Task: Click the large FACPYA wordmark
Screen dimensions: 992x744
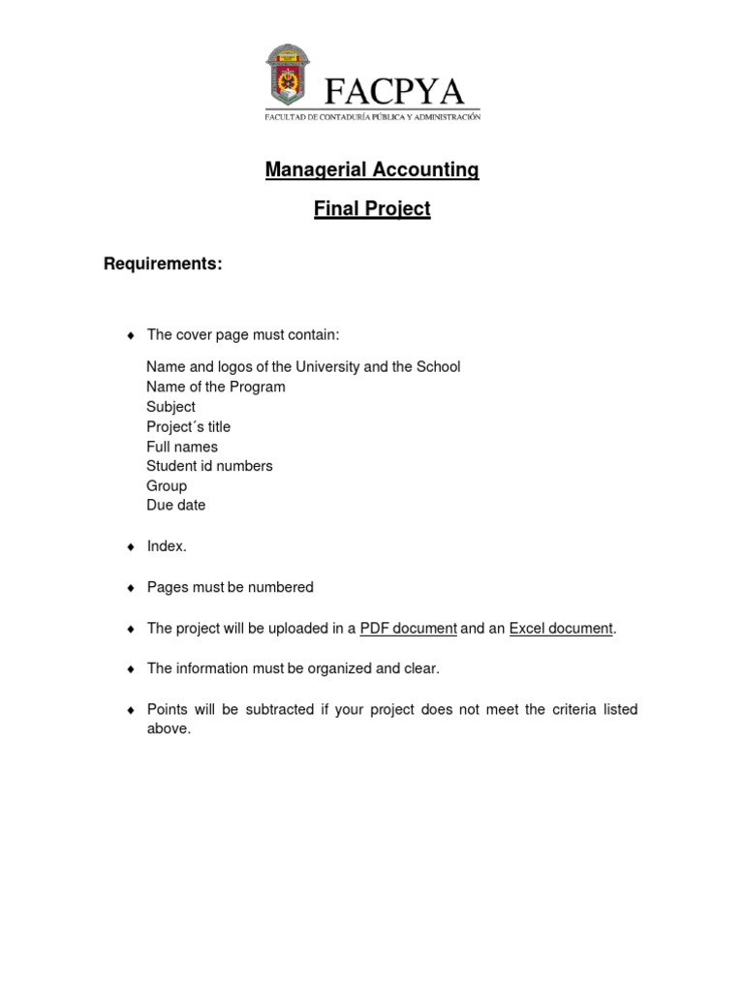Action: pos(394,92)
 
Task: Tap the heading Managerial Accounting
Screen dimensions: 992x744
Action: pos(372,170)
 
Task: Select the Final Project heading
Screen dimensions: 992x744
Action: pos(372,209)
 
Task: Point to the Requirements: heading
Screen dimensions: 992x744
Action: pos(163,264)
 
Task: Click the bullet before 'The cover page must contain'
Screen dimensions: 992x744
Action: pos(131,335)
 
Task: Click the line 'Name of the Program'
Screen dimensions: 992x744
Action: pos(215,387)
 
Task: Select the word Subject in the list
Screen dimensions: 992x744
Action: pos(170,407)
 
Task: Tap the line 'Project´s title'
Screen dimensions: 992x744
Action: pos(188,426)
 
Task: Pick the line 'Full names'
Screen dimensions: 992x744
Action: pos(182,447)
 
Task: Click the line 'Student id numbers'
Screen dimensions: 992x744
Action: pos(209,466)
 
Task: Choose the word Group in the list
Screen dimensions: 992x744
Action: pos(167,485)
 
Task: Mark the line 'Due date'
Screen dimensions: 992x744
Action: pos(175,505)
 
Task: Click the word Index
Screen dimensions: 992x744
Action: pos(166,546)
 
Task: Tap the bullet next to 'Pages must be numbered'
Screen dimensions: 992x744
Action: pos(131,588)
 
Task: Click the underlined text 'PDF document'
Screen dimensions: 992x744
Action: pos(408,629)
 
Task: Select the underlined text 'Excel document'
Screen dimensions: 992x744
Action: pos(560,629)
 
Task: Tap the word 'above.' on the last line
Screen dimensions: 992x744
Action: pos(169,728)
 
